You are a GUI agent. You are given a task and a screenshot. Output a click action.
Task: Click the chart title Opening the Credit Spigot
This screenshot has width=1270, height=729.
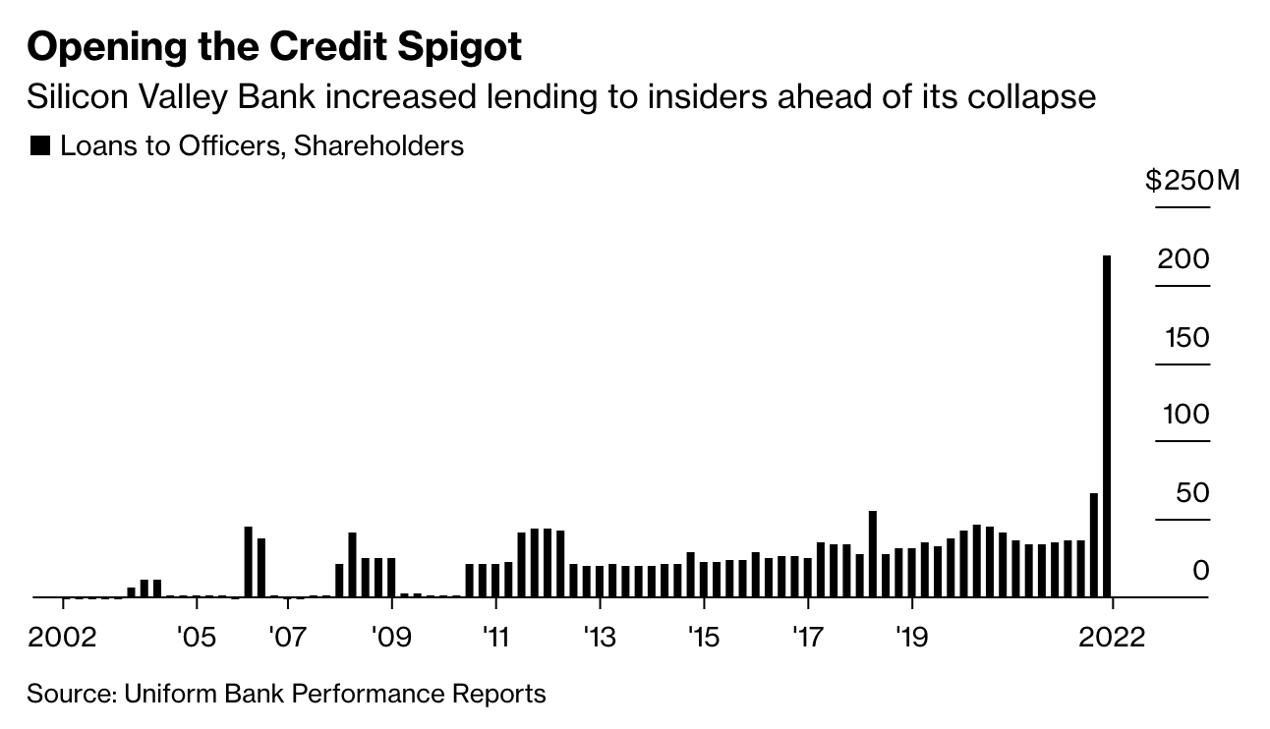point(275,48)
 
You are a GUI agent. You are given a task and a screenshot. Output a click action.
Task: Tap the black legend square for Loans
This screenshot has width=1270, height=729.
point(40,146)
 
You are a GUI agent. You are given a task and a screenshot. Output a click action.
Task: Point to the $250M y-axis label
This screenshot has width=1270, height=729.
point(1192,182)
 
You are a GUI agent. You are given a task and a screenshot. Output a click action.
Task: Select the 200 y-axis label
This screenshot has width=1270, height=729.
point(1183,260)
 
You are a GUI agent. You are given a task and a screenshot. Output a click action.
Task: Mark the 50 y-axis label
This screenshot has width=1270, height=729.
point(1192,493)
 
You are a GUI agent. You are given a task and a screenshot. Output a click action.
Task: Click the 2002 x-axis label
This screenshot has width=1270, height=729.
point(63,638)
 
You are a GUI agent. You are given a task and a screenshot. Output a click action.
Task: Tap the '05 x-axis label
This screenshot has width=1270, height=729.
point(195,638)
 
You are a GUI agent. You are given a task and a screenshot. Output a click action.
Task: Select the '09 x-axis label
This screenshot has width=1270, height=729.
point(390,638)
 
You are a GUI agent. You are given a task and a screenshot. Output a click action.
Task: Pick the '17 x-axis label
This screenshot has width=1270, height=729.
point(806,638)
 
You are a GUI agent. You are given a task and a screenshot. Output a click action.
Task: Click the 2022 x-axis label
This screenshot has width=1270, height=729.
point(1111,638)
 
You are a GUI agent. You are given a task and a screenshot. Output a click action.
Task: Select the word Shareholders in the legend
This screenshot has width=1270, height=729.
point(378,146)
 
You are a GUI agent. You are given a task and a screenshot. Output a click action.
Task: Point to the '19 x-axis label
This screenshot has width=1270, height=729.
point(911,638)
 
